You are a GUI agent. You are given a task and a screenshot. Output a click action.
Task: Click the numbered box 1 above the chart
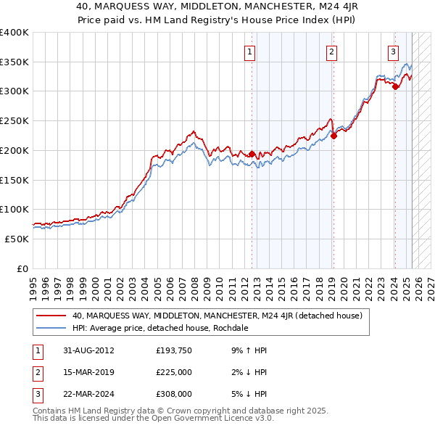tap(249, 52)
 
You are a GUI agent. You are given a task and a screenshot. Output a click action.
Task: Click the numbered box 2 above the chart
tap(331, 52)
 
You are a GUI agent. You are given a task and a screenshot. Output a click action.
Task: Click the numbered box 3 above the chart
tap(392, 52)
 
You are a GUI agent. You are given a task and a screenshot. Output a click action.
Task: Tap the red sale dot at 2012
tap(252, 154)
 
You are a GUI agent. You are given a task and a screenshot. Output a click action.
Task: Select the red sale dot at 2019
tap(333, 135)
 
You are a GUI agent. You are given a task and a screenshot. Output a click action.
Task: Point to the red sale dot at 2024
tap(395, 86)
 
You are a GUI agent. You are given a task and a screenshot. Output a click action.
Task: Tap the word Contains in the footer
tap(49, 411)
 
